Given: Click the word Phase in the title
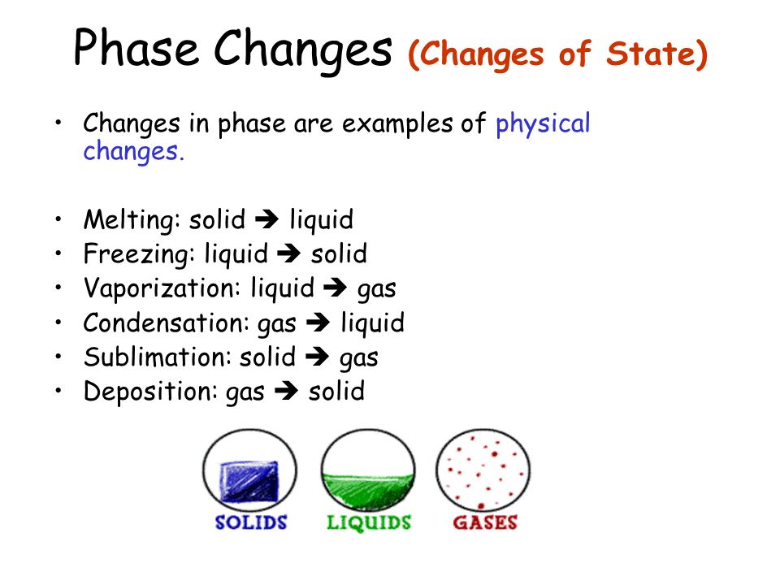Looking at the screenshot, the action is pos(136,48).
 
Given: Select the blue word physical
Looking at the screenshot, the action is pos(543,124).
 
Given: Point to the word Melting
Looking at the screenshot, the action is pos(128,219).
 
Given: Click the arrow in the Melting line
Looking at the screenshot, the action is pos(266,219).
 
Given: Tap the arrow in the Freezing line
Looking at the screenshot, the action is pos(288,253).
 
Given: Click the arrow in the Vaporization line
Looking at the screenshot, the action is pos(335,288).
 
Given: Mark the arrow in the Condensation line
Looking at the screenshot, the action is pos(318,322).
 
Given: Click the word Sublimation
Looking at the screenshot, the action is pos(154,357).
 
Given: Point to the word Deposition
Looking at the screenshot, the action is pos(147,392).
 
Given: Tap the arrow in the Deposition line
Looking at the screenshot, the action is pos(287,391).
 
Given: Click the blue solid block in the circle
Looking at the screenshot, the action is pos(249,482).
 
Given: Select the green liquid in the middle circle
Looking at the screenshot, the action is pos(368,492).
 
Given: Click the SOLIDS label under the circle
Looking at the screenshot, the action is pos(251,522).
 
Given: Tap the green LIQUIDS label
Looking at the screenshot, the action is pos(369,522).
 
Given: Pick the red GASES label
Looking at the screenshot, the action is pos(485,522).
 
